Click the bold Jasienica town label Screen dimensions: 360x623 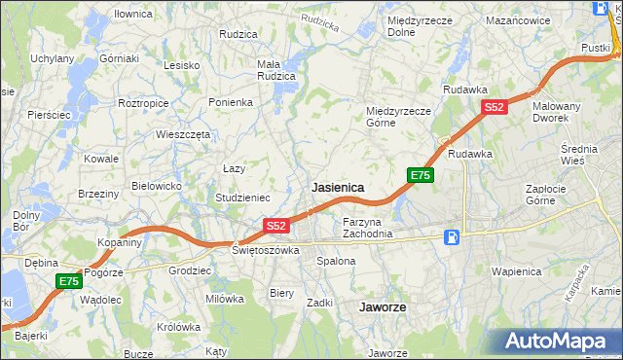[x=338, y=187]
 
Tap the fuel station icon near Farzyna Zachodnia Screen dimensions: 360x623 [x=452, y=236]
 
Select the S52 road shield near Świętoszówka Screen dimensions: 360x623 [x=276, y=226]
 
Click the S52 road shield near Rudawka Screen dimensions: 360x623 [x=494, y=108]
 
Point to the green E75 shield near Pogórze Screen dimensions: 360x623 [x=67, y=281]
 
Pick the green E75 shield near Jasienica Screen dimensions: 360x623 [x=420, y=175]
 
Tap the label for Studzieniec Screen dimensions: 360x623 [x=243, y=198]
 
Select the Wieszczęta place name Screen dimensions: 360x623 [x=183, y=135]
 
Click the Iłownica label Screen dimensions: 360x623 [x=133, y=15]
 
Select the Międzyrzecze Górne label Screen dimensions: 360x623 [x=398, y=117]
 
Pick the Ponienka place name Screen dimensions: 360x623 [x=231, y=101]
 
